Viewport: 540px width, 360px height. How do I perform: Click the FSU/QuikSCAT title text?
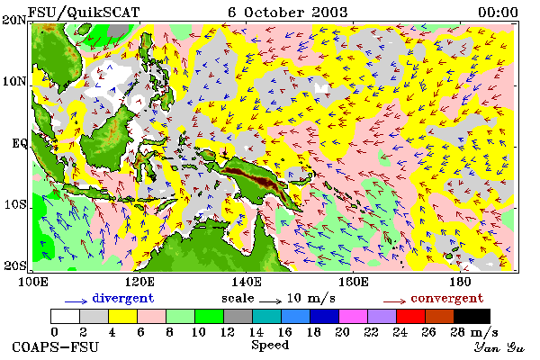pyautogui.click(x=84, y=13)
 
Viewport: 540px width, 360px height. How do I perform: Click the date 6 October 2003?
pyautogui.click(x=288, y=13)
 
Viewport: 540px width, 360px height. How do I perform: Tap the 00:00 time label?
pyautogui.click(x=498, y=13)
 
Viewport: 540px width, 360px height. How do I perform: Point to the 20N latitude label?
pyautogui.click(x=14, y=20)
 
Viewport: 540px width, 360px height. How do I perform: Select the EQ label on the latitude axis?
pyautogui.click(x=19, y=142)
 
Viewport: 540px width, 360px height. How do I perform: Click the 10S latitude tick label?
pyautogui.click(x=15, y=204)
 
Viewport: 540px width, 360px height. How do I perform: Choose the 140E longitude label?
pyautogui.click(x=247, y=282)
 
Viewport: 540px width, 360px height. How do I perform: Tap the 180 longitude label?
pyautogui.click(x=460, y=282)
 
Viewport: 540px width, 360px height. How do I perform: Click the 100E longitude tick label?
pyautogui.click(x=32, y=282)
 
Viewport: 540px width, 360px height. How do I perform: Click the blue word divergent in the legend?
pyautogui.click(x=123, y=298)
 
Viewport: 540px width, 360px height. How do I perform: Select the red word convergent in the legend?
pyautogui.click(x=447, y=298)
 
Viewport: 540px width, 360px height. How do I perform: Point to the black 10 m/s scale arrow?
pyautogui.click(x=270, y=301)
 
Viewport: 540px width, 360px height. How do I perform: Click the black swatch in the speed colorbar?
pyautogui.click(x=472, y=316)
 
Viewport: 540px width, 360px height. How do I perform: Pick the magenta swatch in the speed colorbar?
pyautogui.click(x=354, y=316)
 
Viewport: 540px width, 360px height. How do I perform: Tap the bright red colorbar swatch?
pyautogui.click(x=410, y=316)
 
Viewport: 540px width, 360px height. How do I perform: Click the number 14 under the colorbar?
pyautogui.click(x=256, y=332)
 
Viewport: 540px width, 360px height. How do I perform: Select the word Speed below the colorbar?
pyautogui.click(x=270, y=346)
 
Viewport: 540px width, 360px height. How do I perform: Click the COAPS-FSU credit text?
pyautogui.click(x=55, y=346)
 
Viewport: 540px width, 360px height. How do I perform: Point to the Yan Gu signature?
pyautogui.click(x=499, y=347)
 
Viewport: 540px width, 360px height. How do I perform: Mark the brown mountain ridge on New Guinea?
pyautogui.click(x=263, y=181)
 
